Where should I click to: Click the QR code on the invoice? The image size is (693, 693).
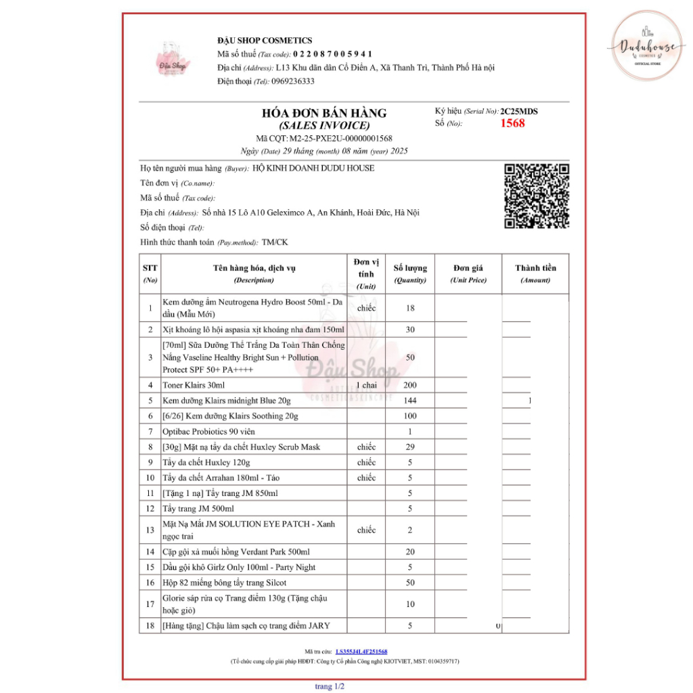537,196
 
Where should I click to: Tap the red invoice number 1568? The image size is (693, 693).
512,123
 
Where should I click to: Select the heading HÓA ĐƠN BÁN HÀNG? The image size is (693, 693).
324,113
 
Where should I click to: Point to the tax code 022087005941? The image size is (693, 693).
332,54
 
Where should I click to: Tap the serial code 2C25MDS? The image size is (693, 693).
519,111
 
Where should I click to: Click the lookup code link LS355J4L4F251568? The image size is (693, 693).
361,651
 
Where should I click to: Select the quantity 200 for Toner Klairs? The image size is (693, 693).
410,385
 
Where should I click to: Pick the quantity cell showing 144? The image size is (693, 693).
410,401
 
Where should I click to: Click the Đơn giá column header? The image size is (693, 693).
468,273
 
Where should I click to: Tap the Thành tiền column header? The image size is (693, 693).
535,273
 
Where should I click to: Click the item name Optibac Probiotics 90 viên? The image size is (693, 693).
208,431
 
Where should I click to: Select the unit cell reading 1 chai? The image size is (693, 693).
366,385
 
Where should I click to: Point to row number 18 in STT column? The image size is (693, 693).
150,625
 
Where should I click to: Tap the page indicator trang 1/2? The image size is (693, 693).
330,686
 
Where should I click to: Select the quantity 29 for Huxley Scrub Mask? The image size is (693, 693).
410,447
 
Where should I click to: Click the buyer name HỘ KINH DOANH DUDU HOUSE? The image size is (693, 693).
313,168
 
